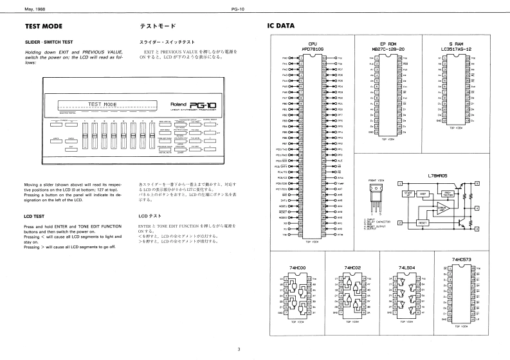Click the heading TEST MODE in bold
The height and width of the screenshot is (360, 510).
tap(43, 27)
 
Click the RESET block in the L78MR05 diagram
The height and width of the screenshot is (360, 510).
tap(423, 222)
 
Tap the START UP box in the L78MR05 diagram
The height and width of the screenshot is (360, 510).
tap(406, 193)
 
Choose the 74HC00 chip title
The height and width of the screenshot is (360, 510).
tap(296, 267)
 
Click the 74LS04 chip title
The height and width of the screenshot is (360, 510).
tap(406, 267)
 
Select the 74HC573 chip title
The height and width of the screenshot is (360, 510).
tap(461, 259)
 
